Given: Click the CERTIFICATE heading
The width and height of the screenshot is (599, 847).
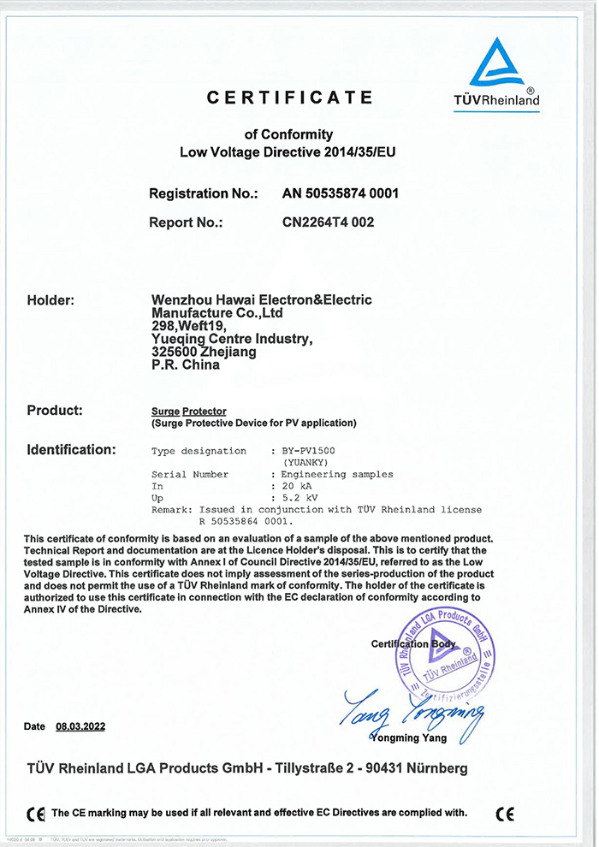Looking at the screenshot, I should (x=290, y=98).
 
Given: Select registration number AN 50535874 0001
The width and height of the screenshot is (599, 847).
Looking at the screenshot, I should (x=341, y=193).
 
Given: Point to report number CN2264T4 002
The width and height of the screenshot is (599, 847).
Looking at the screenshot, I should (x=329, y=222).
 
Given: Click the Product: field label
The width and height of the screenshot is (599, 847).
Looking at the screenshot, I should (x=55, y=411).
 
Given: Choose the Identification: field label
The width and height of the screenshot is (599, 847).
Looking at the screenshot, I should (x=71, y=449).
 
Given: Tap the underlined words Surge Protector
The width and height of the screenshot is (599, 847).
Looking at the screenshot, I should (x=188, y=412).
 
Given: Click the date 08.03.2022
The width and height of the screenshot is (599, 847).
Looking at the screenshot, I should (x=80, y=726).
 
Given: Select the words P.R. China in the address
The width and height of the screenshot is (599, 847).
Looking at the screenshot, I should (x=185, y=364).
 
